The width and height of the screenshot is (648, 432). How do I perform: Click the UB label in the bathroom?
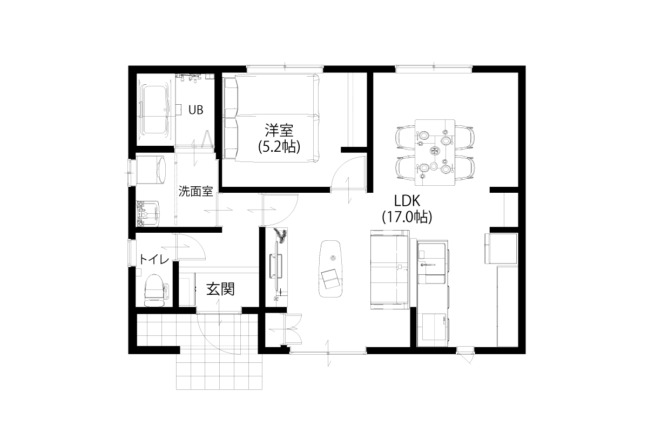pyautogui.click(x=195, y=110)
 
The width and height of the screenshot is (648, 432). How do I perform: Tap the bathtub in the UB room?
pyautogui.click(x=154, y=110)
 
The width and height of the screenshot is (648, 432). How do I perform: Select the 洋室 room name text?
pyautogui.click(x=279, y=130)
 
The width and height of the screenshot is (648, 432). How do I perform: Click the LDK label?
pyautogui.click(x=408, y=201)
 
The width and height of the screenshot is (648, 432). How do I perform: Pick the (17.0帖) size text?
pyautogui.click(x=408, y=217)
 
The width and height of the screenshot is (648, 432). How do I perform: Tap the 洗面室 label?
pyautogui.click(x=195, y=191)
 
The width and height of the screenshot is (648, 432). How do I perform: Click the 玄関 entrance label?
pyautogui.click(x=220, y=289)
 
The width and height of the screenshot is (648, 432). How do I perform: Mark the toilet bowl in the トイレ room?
pyautogui.click(x=155, y=290)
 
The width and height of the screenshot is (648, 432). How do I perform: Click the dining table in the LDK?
pyautogui.click(x=435, y=152)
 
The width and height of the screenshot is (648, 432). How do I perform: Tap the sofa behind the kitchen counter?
pyautogui.click(x=389, y=268)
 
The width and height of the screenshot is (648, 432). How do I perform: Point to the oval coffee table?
pyautogui.click(x=331, y=268)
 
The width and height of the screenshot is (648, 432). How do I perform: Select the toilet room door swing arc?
pyautogui.click(x=192, y=247)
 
